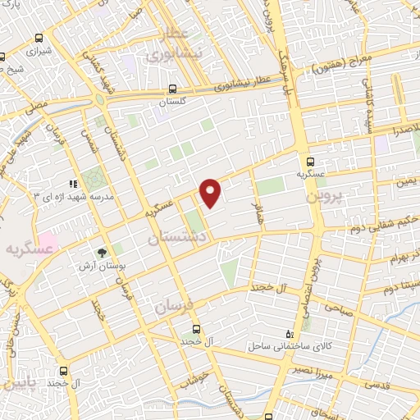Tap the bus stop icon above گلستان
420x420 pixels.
[x=172, y=89]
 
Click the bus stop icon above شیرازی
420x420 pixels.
[x=2, y=58]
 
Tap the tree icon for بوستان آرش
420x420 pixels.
[x=102, y=253]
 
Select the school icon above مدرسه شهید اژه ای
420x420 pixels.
[x=72, y=185]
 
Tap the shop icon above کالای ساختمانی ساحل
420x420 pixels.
[x=288, y=333]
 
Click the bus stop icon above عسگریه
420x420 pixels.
[x=311, y=162]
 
